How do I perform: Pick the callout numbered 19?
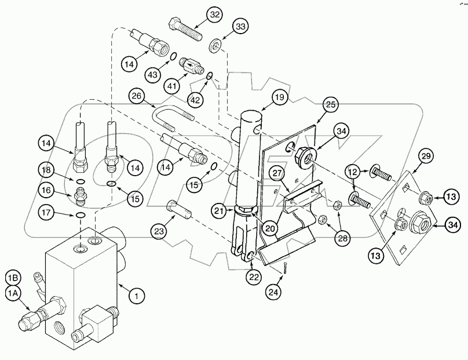click(x=279, y=98)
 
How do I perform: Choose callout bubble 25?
click(x=330, y=105)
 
